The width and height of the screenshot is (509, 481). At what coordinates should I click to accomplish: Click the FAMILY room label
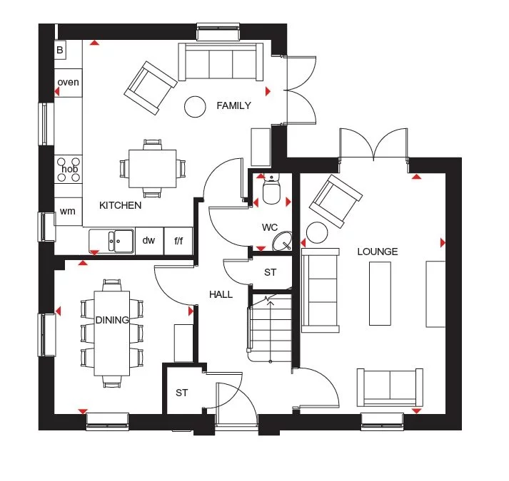233,105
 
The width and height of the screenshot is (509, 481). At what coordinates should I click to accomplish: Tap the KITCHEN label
120,205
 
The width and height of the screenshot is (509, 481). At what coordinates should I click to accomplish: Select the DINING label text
111,320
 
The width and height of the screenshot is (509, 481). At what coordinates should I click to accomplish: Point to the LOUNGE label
378,252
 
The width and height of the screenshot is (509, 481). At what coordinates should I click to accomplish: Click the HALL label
221,294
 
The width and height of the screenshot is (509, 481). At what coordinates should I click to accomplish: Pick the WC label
269,227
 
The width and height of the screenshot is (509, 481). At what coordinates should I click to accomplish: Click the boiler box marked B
60,50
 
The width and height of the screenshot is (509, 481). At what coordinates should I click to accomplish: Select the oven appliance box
69,83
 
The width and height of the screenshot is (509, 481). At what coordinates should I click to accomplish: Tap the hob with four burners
69,169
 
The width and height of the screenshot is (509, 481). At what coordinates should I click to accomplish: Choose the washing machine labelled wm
68,211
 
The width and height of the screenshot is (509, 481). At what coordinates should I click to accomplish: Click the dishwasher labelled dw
148,241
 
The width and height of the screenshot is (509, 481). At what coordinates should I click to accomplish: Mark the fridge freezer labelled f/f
178,241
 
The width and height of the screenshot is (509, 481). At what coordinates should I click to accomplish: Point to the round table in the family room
194,106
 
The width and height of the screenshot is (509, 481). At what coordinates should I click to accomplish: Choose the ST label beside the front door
181,392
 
